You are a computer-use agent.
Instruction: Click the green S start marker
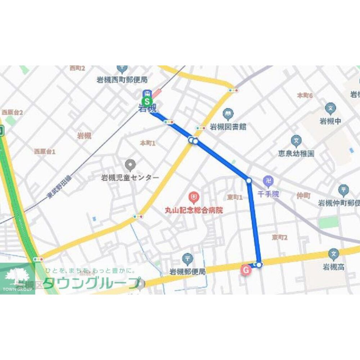click(147, 101)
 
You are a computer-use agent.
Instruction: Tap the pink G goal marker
click(246, 269)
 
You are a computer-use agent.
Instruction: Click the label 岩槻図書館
click(228, 127)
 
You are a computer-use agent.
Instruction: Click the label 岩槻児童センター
click(130, 178)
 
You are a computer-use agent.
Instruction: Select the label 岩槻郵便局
click(188, 272)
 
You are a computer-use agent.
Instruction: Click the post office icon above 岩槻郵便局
click(188, 258)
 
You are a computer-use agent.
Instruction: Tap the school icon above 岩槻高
click(334, 254)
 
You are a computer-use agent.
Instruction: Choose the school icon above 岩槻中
click(330, 108)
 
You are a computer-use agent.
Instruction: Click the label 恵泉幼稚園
click(296, 154)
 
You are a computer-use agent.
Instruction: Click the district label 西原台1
click(45, 152)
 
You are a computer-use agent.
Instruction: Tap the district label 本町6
click(305, 95)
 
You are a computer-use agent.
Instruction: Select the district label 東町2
click(280, 237)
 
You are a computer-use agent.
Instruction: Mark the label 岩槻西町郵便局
click(122, 80)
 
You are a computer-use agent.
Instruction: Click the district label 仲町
click(303, 196)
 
